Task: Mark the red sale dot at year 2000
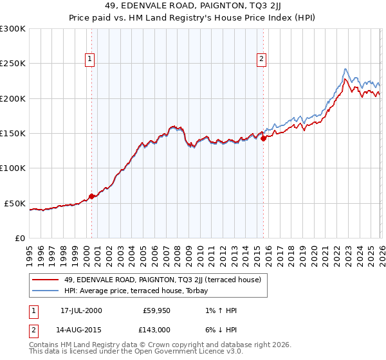pyautogui.click(x=91, y=196)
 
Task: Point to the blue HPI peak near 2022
pyautogui.click(x=345, y=69)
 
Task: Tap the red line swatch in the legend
pyautogui.click(x=46, y=280)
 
